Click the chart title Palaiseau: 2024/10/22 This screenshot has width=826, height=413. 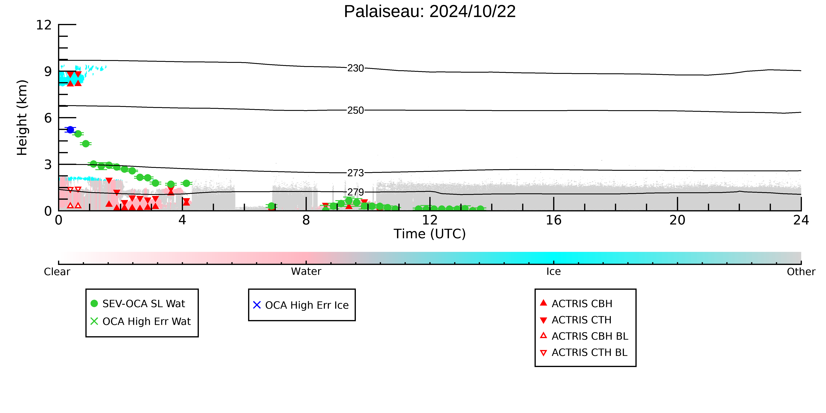pyautogui.click(x=430, y=12)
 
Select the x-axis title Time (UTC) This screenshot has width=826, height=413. pyautogui.click(x=430, y=234)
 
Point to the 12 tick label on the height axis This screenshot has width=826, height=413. pyautogui.click(x=44, y=25)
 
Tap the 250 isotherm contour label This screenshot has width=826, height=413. pyautogui.click(x=356, y=110)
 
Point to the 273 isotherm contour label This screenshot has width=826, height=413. pyautogui.click(x=356, y=173)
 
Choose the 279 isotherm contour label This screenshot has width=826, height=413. pyautogui.click(x=356, y=192)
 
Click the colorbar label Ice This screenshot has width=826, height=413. pyautogui.click(x=553, y=272)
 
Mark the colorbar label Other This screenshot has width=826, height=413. pyautogui.click(x=801, y=272)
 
